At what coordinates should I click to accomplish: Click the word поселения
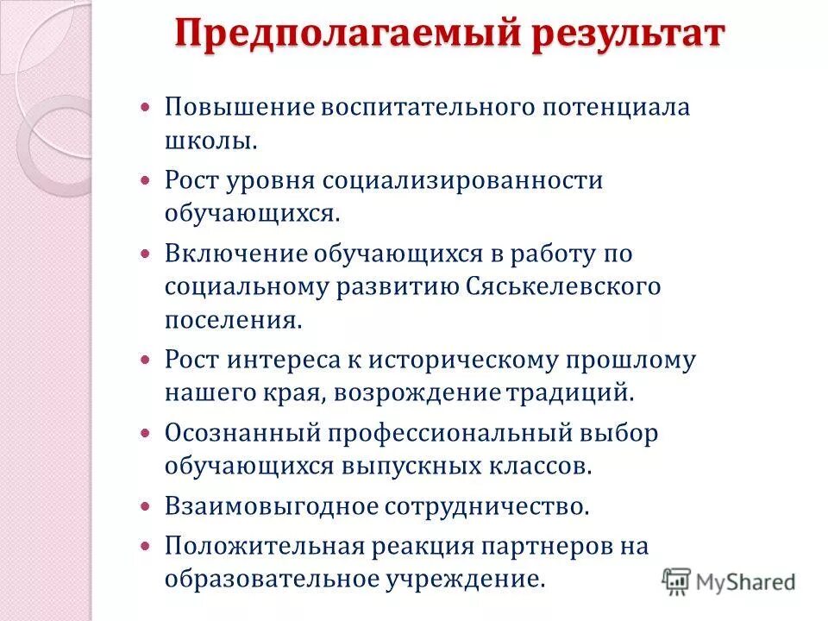click(x=233, y=321)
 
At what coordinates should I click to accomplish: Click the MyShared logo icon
click(x=676, y=581)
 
